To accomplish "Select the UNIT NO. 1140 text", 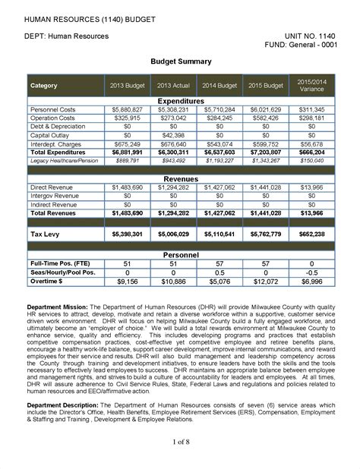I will pyautogui.click(x=310, y=35).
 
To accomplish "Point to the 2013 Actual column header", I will pyautogui.click(x=174, y=85).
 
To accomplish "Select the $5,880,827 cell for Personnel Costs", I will pyautogui.click(x=127, y=110).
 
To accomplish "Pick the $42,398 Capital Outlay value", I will pyautogui.click(x=174, y=136).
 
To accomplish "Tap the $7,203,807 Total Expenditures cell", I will pyautogui.click(x=265, y=153).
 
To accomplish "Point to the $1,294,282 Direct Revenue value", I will pyautogui.click(x=174, y=186).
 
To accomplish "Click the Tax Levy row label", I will pyautogui.click(x=46, y=234).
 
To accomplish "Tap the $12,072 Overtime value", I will pyautogui.click(x=265, y=282).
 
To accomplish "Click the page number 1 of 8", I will pyautogui.click(x=180, y=441).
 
